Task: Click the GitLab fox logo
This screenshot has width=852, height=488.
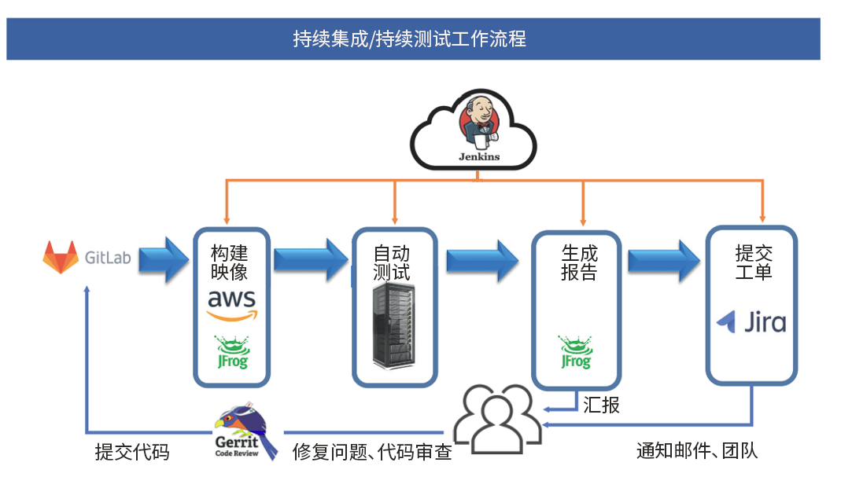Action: coord(61,257)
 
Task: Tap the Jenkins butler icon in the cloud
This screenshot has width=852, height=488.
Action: coord(478,123)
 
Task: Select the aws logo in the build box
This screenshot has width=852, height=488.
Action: coord(232,305)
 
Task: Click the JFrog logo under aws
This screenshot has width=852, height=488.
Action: coord(233,352)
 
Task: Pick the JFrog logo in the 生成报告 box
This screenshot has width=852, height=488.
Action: coord(575,352)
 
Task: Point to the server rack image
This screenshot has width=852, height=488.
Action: coord(394,325)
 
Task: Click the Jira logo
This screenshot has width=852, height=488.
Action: coord(751,322)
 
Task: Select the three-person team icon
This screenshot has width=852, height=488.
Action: coord(498,419)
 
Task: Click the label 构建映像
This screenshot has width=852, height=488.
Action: coord(229,262)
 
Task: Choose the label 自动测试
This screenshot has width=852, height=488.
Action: coord(391,262)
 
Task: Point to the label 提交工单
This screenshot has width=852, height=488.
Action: coord(754,262)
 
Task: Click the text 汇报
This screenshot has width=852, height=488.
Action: coord(602,405)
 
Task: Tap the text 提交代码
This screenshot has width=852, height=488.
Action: coord(132,452)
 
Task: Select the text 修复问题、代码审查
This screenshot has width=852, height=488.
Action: coord(372,452)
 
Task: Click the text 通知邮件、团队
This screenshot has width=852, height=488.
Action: coord(697,450)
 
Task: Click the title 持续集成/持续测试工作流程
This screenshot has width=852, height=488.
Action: coord(410,39)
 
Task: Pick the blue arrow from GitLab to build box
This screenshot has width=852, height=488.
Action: coord(164,259)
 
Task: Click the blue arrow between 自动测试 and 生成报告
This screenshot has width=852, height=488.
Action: coord(482,261)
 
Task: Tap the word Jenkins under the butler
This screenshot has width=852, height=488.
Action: coord(479,157)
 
